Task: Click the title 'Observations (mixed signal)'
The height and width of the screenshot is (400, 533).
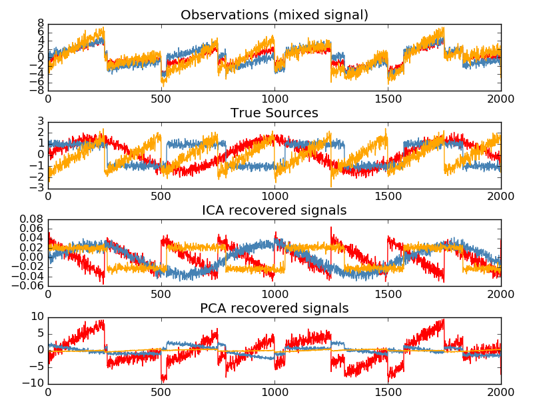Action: point(274,15)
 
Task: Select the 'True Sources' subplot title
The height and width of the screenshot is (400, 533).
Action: point(274,113)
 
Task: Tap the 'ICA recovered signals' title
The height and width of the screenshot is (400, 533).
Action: point(274,211)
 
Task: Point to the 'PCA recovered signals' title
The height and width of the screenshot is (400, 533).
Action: point(274,308)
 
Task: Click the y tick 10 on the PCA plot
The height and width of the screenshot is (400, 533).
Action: point(37,317)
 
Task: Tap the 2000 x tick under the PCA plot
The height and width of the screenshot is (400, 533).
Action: point(501,394)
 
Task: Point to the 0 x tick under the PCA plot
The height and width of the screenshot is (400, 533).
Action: point(48,394)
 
